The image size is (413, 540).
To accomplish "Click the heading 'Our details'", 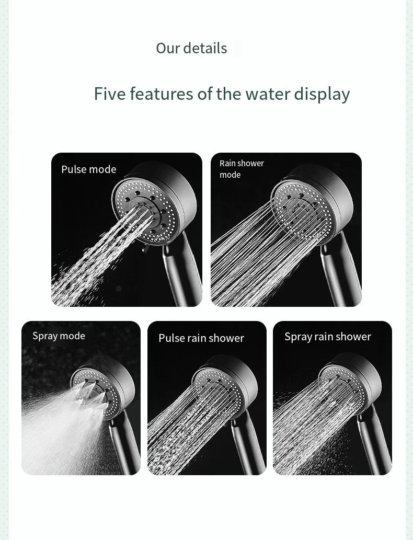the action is click(x=191, y=48).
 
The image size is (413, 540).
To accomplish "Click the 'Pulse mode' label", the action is click(x=89, y=169).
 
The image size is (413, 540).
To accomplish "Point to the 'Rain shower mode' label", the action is click(x=242, y=169).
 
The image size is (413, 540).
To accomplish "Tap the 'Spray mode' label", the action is click(x=59, y=336).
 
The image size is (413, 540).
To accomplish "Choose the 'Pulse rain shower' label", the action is click(x=201, y=338).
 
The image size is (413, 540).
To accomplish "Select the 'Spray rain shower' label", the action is click(x=328, y=337).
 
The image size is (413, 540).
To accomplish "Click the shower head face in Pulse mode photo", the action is click(x=146, y=211).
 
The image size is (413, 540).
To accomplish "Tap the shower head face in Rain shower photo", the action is click(x=302, y=210).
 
